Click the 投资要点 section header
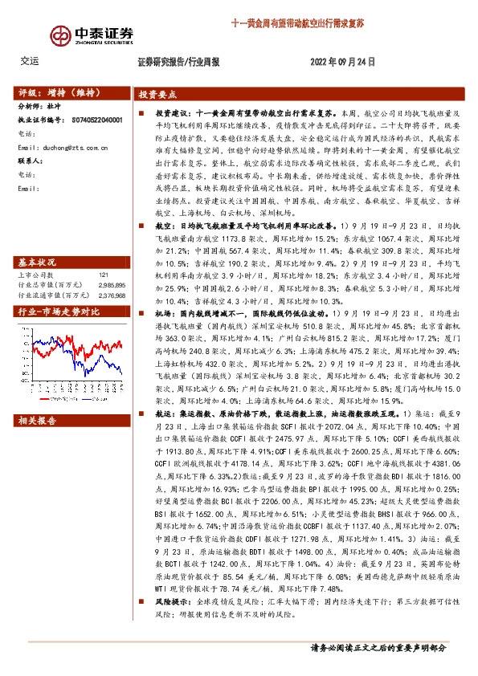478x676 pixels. [158, 93]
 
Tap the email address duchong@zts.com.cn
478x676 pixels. [67, 148]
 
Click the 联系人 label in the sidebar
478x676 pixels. [30, 161]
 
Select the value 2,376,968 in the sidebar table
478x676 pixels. [109, 272]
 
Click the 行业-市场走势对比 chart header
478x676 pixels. [58, 289]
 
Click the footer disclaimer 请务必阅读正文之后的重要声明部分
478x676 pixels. [378, 647]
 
